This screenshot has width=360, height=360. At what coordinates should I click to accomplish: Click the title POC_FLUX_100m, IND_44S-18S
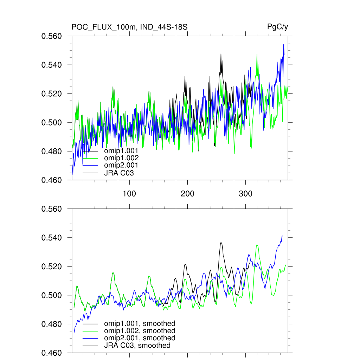(x=131, y=27)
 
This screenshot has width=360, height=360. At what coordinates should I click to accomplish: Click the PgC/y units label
(x=278, y=27)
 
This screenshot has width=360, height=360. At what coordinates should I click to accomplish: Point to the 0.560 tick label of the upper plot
(x=52, y=36)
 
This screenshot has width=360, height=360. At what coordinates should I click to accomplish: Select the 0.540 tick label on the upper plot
(x=52, y=65)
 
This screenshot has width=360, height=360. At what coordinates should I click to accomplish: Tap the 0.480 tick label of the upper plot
(x=52, y=152)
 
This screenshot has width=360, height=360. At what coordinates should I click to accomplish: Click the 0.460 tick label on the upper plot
(x=52, y=180)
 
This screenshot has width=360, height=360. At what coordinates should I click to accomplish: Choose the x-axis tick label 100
(x=129, y=194)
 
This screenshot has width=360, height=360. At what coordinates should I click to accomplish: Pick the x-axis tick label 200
(x=187, y=194)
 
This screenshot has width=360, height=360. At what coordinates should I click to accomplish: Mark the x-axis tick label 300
(x=245, y=194)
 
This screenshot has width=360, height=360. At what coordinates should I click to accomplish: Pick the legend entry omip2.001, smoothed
(x=140, y=338)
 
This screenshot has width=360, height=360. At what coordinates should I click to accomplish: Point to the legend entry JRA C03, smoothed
(x=137, y=346)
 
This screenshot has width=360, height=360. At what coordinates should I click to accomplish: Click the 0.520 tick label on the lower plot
(x=52, y=266)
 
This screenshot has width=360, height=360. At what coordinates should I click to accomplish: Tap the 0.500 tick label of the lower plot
(x=52, y=295)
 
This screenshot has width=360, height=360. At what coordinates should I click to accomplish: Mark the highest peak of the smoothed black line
(x=221, y=243)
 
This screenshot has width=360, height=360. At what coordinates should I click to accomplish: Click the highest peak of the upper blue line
(x=284, y=45)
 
